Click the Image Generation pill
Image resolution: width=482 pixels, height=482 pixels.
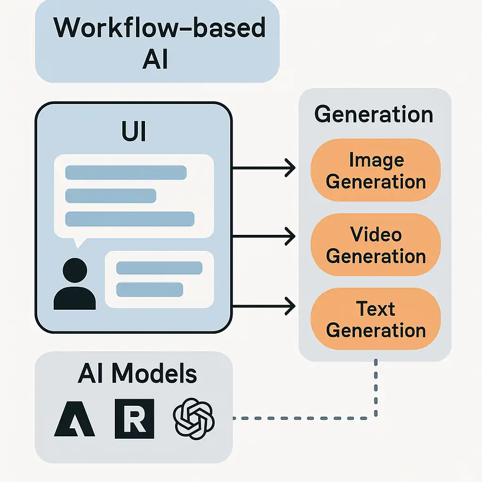(x=376, y=170)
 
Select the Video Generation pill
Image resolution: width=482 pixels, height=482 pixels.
(x=376, y=245)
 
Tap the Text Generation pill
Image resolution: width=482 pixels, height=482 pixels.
(x=376, y=319)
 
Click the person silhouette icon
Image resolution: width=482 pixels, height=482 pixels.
(x=75, y=285)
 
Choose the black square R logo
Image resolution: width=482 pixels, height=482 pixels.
(x=134, y=418)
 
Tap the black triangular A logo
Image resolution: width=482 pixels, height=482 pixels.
(x=74, y=419)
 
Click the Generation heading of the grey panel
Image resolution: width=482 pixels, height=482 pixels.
(x=374, y=114)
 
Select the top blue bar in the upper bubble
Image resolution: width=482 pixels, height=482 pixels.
(x=126, y=172)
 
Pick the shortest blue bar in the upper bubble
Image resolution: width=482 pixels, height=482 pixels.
(x=111, y=196)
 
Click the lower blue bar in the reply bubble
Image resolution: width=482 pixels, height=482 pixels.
(x=149, y=289)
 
